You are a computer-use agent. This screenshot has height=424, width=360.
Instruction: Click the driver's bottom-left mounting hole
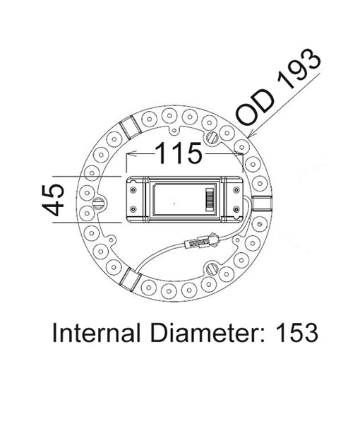133,210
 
